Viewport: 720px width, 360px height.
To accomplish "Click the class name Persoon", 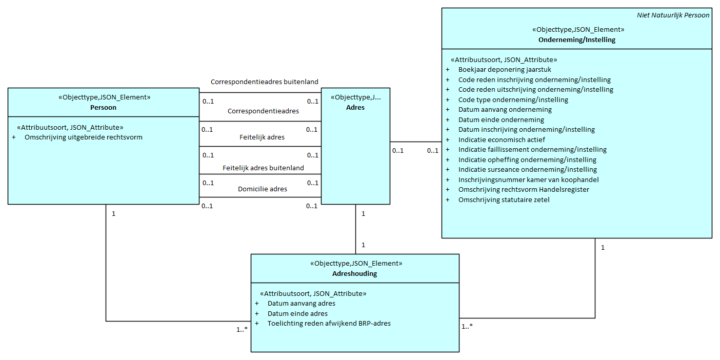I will click(103, 108).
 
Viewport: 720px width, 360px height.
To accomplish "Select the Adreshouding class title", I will click(354, 274).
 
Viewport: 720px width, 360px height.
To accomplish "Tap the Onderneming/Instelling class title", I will click(576, 39).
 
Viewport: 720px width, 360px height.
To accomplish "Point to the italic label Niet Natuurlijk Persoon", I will click(673, 15).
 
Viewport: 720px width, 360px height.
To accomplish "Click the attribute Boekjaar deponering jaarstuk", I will click(505, 70).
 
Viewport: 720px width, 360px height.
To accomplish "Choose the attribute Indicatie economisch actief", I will click(502, 139).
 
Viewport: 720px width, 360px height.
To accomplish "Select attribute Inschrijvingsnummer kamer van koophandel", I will click(528, 179).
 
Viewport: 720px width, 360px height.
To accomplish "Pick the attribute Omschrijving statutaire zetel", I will click(504, 199).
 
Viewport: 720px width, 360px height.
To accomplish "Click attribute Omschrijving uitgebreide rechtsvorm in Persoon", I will click(84, 137).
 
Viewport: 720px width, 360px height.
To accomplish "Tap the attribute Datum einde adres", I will click(297, 313).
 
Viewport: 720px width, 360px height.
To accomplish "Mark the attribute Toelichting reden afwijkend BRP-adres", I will click(329, 324).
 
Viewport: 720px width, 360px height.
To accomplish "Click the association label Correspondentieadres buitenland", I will click(264, 82).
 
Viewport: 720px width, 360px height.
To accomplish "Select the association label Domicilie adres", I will click(262, 189).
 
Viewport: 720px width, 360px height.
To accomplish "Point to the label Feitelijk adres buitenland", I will click(263, 168).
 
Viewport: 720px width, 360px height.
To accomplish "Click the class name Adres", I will click(355, 108).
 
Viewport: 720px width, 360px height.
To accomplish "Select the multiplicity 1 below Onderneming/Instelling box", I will click(603, 248).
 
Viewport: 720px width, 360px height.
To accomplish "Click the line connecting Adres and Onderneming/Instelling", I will click(415, 142).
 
